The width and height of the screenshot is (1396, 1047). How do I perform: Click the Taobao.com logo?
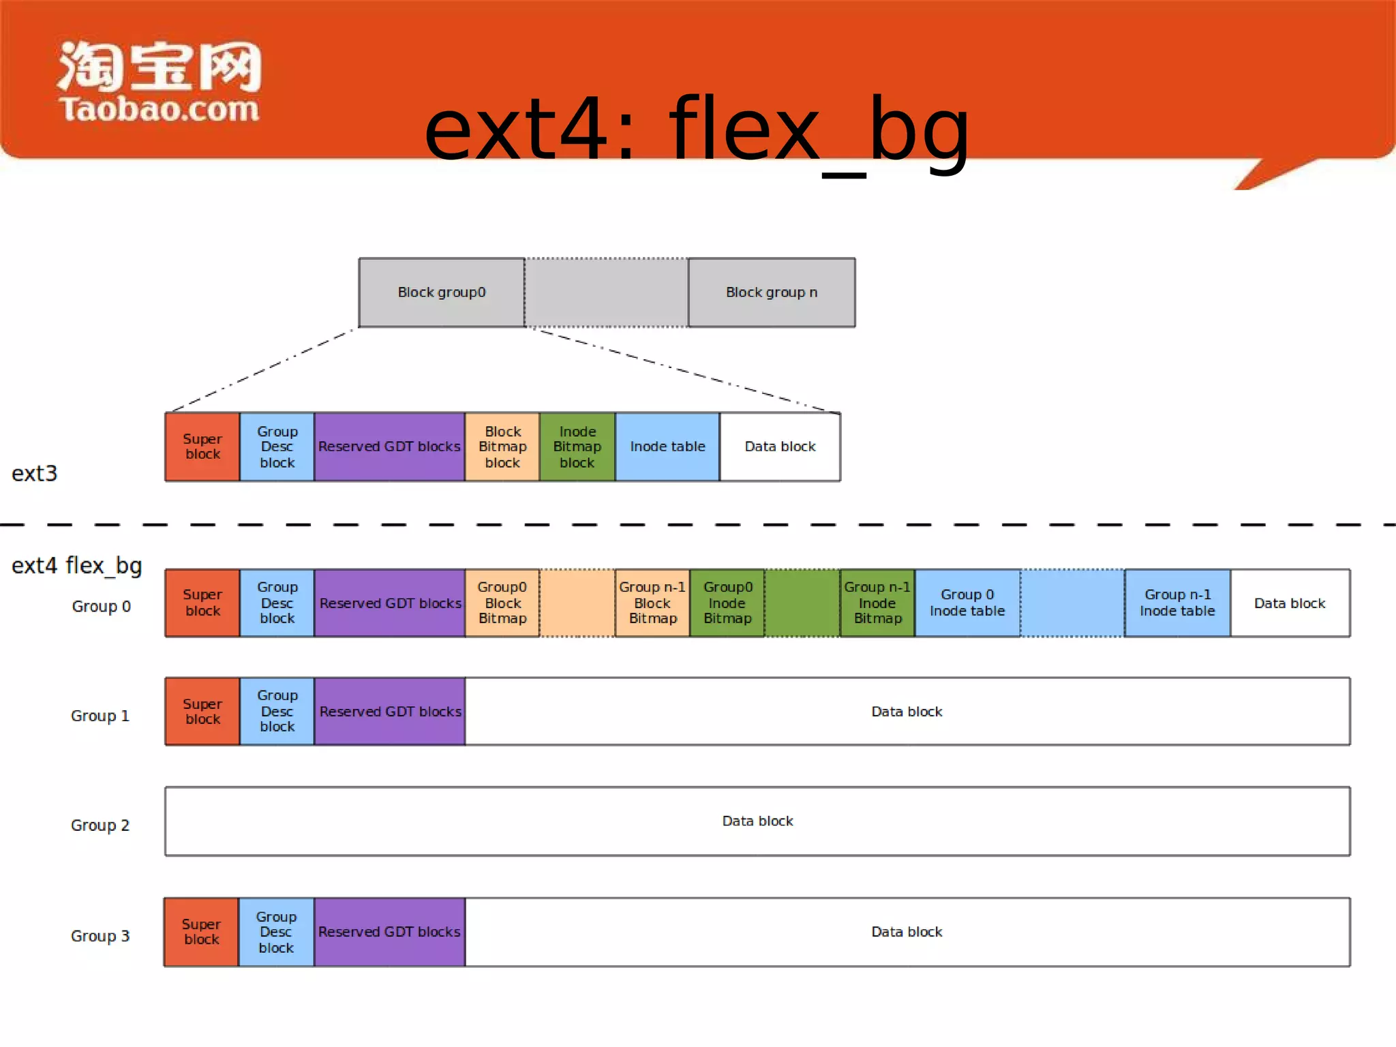159,82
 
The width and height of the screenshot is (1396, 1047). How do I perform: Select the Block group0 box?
442,292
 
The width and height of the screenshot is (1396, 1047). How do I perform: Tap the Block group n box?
771,292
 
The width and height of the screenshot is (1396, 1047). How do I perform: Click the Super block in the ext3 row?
202,446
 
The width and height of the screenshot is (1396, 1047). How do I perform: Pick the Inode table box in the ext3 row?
667,446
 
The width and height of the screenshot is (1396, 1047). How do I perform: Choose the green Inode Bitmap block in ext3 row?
577,446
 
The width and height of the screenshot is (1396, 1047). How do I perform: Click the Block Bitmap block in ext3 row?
502,446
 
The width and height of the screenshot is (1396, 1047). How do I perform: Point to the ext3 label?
34,473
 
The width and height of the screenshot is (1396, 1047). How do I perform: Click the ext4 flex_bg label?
76,565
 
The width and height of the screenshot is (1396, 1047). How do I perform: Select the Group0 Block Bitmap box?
502,603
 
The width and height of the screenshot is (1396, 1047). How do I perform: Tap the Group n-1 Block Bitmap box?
652,603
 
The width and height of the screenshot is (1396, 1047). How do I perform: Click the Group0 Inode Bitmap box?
727,603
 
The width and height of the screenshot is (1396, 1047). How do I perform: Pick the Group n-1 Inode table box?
1177,603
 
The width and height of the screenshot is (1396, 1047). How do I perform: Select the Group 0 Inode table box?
967,603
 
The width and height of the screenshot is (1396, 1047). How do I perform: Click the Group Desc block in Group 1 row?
277,711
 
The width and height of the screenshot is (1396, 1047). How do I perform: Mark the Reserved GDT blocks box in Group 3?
389,932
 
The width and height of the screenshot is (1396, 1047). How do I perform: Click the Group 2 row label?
100,825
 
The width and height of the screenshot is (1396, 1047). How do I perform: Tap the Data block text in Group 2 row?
757,821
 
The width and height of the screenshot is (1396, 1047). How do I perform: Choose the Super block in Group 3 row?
201,932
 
